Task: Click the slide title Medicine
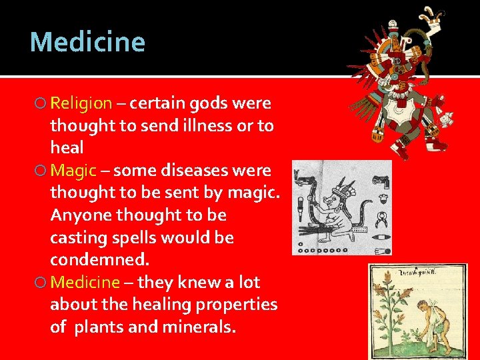[x=87, y=42]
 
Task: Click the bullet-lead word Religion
[x=81, y=103]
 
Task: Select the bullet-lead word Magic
[x=73, y=171]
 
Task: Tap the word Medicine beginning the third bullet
[x=85, y=283]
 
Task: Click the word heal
[x=67, y=148]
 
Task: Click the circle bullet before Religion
[x=41, y=104]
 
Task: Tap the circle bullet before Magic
[x=41, y=171]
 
